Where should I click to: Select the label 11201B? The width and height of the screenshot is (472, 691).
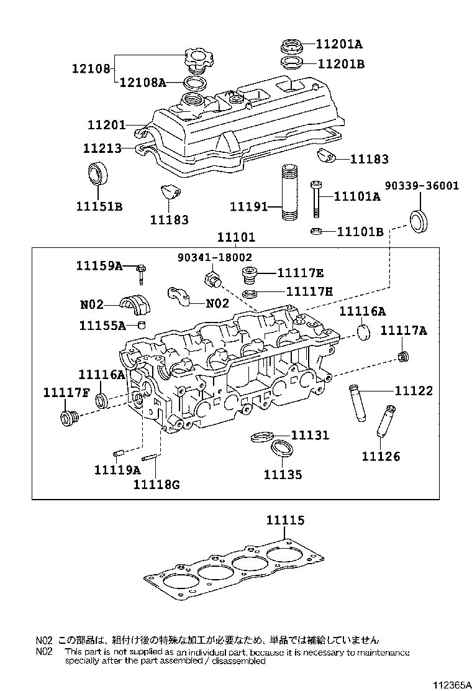pos(341,63)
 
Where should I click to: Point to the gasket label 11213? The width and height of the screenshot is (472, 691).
pos(102,149)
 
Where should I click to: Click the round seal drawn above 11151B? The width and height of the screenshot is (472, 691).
pos(96,173)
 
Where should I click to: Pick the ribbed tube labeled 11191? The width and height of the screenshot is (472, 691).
pos(289,193)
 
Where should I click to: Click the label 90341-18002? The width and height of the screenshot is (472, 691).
pos(216,257)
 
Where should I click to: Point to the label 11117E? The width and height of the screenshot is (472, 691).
pos(301,273)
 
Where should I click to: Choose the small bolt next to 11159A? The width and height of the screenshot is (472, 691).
pos(142,272)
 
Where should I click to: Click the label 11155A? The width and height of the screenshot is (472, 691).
pos(102,325)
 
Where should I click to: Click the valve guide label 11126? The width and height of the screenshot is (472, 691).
pos(381,457)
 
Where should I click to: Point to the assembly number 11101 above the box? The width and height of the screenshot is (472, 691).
pos(236,238)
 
